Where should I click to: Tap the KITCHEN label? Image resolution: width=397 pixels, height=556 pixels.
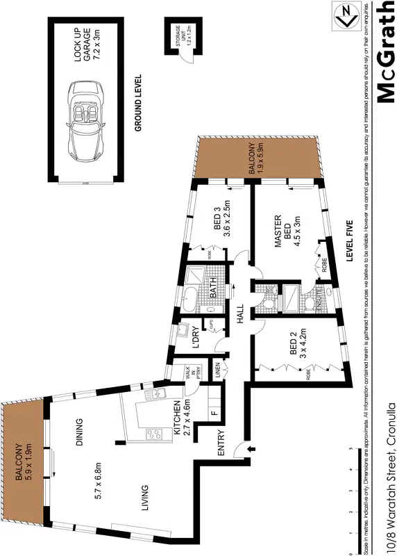(177, 417)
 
